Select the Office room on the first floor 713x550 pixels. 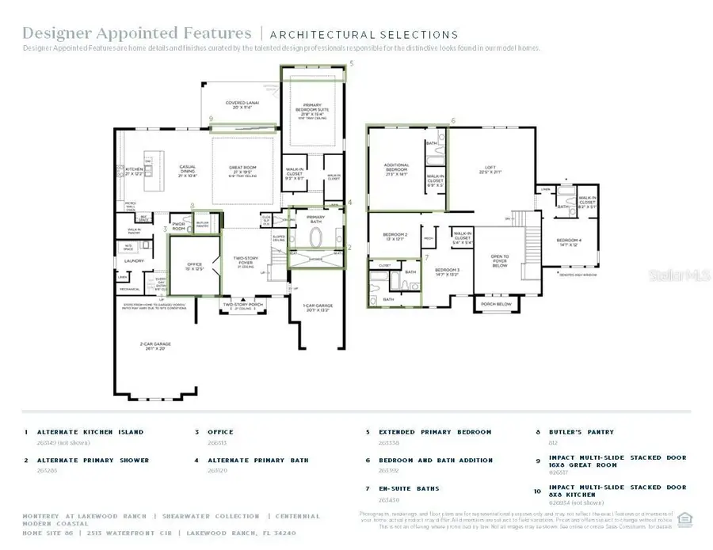tap(195, 267)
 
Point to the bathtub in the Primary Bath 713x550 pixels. tap(316, 237)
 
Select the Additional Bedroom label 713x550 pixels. tap(396, 168)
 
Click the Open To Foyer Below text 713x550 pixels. tap(501, 261)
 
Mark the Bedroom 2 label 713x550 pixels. tap(395, 236)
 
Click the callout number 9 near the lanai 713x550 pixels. tap(211, 119)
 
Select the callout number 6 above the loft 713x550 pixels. tap(453, 121)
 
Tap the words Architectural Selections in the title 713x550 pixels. tap(364, 35)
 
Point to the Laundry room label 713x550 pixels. tap(132, 260)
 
